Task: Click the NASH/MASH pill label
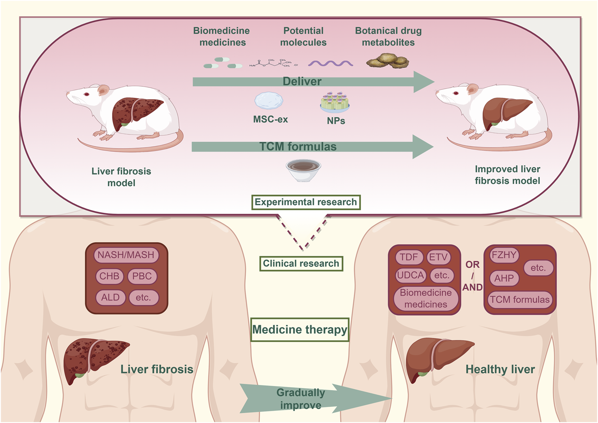coord(126,255)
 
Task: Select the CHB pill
coord(109,276)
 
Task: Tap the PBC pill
coord(142,276)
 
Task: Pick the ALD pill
coord(110,298)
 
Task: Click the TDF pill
coord(409,257)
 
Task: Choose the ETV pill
coord(438,257)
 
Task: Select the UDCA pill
coord(411,275)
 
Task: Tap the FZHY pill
coord(504,255)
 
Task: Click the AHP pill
coord(504,278)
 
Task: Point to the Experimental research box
coord(306,202)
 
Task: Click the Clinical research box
coord(301,264)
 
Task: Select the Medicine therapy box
coord(300,330)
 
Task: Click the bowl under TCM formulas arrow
coord(303,170)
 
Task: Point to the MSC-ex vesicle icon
coord(269,101)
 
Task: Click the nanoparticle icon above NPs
coord(335,102)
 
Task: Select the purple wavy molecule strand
coord(330,63)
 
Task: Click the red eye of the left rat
coord(87,94)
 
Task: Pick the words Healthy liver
coord(500,369)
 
